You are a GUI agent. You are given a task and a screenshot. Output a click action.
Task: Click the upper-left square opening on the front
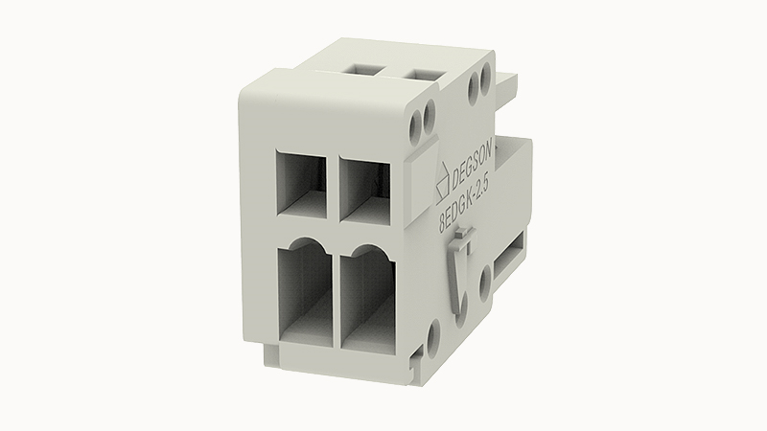pyautogui.click(x=301, y=183)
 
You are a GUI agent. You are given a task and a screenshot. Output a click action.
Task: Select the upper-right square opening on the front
pyautogui.click(x=364, y=188)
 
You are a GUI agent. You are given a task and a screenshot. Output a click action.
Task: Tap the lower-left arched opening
pyautogui.click(x=306, y=292)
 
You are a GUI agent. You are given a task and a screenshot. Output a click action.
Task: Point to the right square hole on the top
pyautogui.click(x=422, y=75)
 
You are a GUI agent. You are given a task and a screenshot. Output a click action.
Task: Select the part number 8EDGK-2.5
pyautogui.click(x=464, y=205)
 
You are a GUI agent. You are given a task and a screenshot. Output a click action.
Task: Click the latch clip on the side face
pyautogui.click(x=461, y=274)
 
